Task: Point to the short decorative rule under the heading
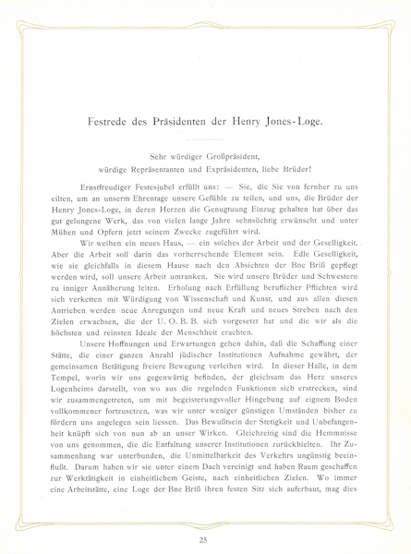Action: pos(205,138)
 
